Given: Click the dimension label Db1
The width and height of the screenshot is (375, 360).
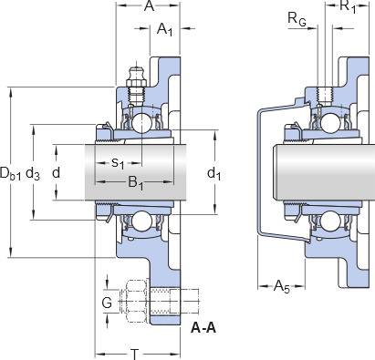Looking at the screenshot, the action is (x=11, y=173).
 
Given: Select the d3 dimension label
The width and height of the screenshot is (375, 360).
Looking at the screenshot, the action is (x=33, y=174).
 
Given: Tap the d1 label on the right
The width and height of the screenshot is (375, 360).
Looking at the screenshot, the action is (x=214, y=174).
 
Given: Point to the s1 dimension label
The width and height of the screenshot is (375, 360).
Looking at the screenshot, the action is (x=118, y=163).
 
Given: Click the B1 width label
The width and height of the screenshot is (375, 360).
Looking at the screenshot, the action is (x=135, y=183).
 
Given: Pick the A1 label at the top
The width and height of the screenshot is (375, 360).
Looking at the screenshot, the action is (x=164, y=29).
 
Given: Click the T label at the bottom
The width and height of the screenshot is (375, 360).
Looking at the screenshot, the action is (x=134, y=355).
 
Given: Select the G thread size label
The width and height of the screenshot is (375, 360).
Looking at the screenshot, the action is (x=107, y=303).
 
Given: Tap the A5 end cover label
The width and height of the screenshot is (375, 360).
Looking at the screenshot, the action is (x=282, y=286).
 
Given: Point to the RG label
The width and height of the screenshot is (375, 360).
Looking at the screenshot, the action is (x=297, y=20).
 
